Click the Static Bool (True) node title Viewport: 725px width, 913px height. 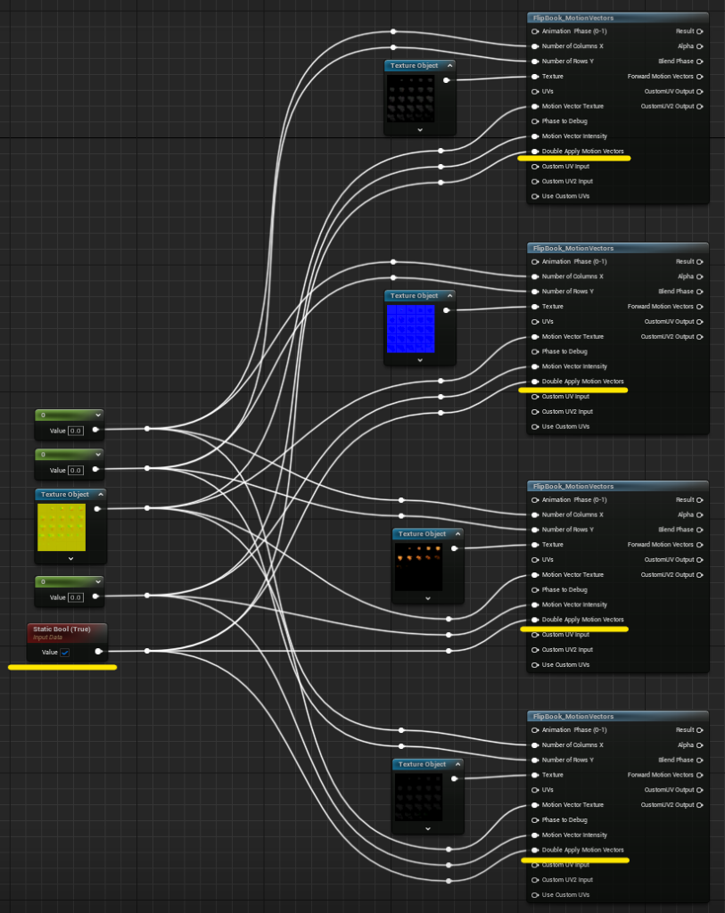click(x=62, y=629)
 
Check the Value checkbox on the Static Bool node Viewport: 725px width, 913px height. click(x=65, y=652)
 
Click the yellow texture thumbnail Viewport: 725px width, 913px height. click(x=62, y=527)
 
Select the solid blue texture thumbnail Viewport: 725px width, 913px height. click(x=410, y=329)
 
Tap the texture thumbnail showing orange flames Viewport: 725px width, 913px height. click(x=419, y=567)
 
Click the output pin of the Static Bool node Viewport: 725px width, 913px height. click(x=98, y=652)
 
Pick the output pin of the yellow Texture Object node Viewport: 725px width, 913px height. click(x=97, y=509)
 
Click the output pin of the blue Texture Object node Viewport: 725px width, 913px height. click(x=446, y=310)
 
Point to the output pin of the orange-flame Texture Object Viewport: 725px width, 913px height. click(x=454, y=548)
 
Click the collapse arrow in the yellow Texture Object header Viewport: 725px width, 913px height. click(x=101, y=494)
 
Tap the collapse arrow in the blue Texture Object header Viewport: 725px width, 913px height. click(x=449, y=296)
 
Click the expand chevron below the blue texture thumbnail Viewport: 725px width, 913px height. click(x=420, y=360)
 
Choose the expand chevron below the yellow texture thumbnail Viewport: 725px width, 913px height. click(x=71, y=559)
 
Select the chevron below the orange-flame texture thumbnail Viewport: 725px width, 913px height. click(x=428, y=598)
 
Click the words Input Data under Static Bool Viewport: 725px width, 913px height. click(x=48, y=637)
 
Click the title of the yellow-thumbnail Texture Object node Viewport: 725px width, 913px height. click(x=64, y=494)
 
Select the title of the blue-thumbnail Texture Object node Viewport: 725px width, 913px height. click(x=414, y=296)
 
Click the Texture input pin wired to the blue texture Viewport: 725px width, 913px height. click(x=534, y=307)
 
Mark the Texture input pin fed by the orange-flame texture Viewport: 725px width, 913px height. click(x=534, y=545)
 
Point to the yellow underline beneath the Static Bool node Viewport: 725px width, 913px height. click(x=62, y=667)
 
